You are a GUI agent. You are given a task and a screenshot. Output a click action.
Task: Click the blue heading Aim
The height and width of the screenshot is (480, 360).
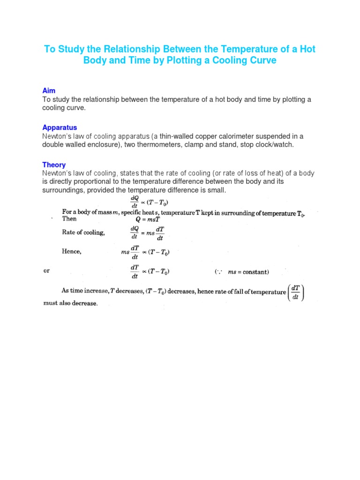[x=49, y=90]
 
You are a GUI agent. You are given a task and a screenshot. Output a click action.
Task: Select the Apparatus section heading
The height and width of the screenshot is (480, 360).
[x=60, y=127]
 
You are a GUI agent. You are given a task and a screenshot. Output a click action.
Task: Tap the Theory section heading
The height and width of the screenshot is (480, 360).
[x=54, y=165]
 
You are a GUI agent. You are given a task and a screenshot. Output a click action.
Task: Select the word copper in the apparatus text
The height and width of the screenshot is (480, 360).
[x=217, y=136]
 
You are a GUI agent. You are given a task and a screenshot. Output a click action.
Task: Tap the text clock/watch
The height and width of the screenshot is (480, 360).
[x=273, y=145]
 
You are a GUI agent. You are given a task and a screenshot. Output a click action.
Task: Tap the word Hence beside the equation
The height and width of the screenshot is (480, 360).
[x=72, y=252]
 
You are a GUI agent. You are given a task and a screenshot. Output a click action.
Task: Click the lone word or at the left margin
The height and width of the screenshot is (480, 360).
[x=46, y=271]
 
